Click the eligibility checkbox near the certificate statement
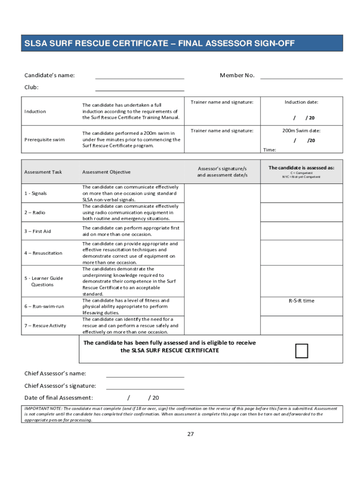(x=302, y=350)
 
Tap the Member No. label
(x=237, y=75)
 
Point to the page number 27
(x=190, y=434)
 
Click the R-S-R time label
(x=301, y=301)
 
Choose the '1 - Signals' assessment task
(x=36, y=193)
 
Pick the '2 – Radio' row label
(x=36, y=212)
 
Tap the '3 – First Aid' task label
(x=38, y=231)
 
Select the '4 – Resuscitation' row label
(x=43, y=253)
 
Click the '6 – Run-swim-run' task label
(x=44, y=306)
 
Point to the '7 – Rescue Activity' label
(x=45, y=326)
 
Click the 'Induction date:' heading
(x=301, y=102)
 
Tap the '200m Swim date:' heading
(x=301, y=131)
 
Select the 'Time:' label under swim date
(x=269, y=150)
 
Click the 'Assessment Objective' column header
(x=107, y=172)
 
